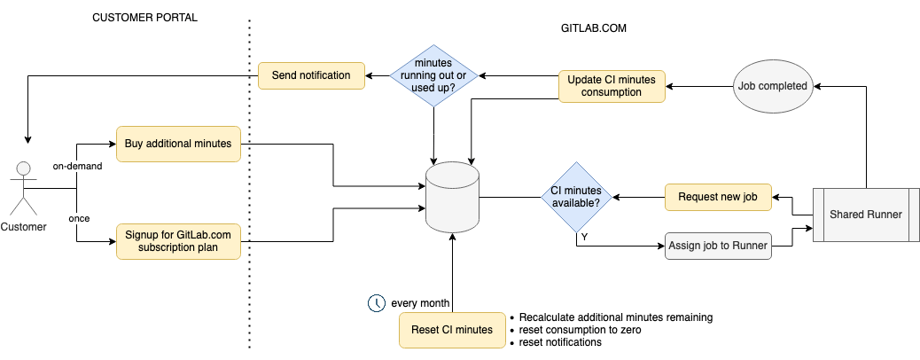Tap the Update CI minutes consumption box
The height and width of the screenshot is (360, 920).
pyautogui.click(x=612, y=86)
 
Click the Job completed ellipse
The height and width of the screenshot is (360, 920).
pyautogui.click(x=772, y=86)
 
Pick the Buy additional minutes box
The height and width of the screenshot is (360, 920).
pyautogui.click(x=178, y=143)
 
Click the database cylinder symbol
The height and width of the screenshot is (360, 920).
pyautogui.click(x=452, y=197)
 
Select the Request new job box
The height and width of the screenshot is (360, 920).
pyautogui.click(x=718, y=196)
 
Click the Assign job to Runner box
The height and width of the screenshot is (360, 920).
pyautogui.click(x=718, y=245)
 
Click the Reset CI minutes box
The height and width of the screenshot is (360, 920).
pyautogui.click(x=452, y=329)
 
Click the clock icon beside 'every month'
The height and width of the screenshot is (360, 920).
pyautogui.click(x=377, y=303)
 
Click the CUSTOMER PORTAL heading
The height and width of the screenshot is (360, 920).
pyautogui.click(x=145, y=18)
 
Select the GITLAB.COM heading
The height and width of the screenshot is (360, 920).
pyautogui.click(x=594, y=28)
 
